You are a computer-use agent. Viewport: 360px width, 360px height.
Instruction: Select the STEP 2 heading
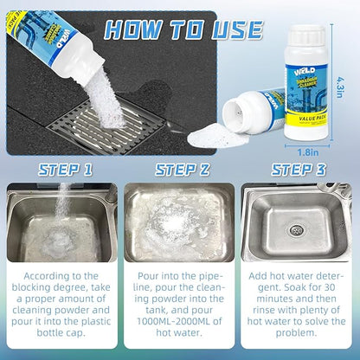click(x=179, y=169)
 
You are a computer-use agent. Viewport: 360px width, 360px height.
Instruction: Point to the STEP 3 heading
click(x=299, y=169)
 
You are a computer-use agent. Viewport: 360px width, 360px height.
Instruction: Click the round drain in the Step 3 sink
click(x=297, y=230)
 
